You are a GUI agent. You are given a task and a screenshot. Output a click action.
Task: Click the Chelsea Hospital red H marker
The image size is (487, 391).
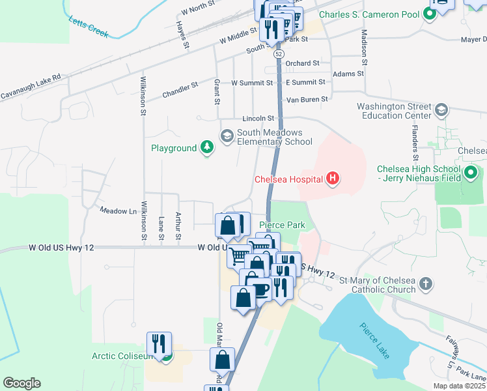click(x=333, y=178)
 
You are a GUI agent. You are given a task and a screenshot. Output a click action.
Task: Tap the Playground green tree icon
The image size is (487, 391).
click(x=207, y=148)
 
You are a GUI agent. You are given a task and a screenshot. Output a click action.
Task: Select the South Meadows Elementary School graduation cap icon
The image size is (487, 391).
click(x=227, y=136)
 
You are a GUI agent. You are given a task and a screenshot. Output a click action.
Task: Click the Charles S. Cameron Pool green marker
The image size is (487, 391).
click(x=429, y=13)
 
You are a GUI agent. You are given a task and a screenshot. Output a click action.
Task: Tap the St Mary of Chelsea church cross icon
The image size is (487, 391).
click(x=425, y=283)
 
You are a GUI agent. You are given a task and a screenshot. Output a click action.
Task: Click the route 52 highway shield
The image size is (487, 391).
click(x=279, y=53)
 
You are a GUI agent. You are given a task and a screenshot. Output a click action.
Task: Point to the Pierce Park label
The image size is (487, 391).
click(x=282, y=225)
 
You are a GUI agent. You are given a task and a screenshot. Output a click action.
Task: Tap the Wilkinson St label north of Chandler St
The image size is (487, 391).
click(x=143, y=96)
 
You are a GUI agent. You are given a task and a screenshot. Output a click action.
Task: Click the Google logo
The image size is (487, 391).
click(x=21, y=383)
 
